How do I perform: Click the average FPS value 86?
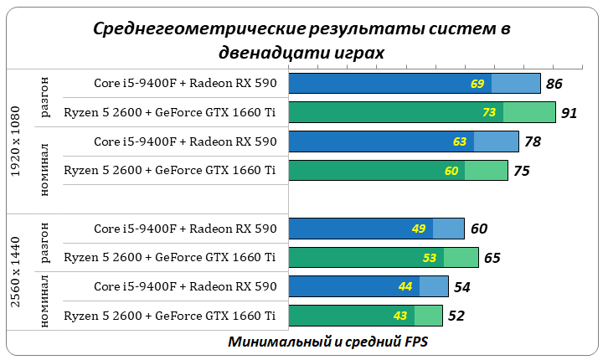[554, 84]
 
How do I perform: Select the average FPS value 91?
[569, 112]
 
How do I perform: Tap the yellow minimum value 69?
[478, 84]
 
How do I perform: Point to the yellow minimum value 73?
[490, 112]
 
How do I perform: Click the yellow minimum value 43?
[399, 316]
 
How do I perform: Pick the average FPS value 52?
[456, 316]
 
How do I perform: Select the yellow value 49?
[419, 229]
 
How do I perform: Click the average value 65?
[492, 257]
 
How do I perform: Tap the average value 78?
[532, 141]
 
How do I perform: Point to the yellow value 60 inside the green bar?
[452, 171]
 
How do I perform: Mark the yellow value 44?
[405, 286]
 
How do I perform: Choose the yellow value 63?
[460, 141]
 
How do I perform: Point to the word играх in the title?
[362, 52]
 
